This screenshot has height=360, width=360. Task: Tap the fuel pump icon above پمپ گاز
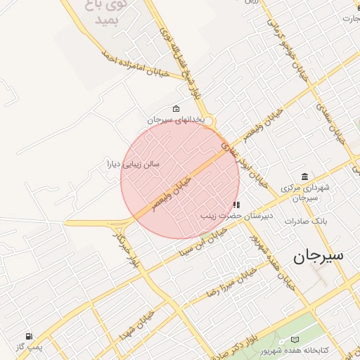[29, 337]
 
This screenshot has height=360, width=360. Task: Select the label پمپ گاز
[30, 347]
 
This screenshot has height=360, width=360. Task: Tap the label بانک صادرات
[303, 221]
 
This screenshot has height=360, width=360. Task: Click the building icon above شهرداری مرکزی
[304, 176]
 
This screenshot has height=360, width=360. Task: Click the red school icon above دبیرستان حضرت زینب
[236, 205]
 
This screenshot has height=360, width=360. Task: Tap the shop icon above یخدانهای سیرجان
[175, 109]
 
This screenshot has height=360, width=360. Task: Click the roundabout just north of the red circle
[209, 122]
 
